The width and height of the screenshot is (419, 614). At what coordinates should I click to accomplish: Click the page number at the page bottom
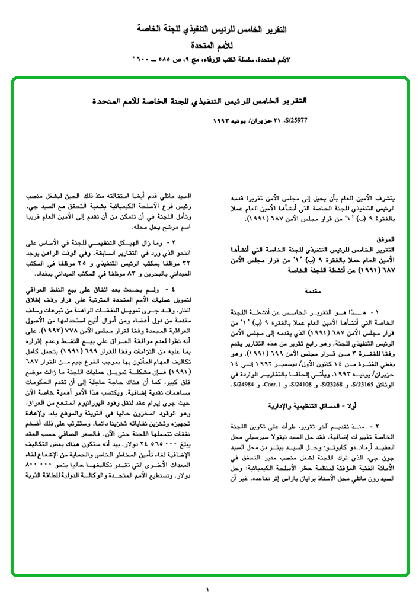(208, 590)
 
